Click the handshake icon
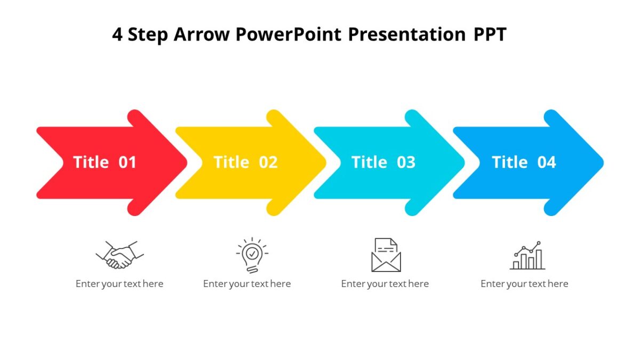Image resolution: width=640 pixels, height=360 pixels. pyautogui.click(x=119, y=255)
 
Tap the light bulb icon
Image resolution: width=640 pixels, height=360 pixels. pyautogui.click(x=252, y=255)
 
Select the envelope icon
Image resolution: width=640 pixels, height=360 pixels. pyautogui.click(x=386, y=255)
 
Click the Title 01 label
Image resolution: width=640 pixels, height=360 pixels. pyautogui.click(x=105, y=162)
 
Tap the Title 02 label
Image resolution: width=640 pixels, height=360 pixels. pyautogui.click(x=245, y=162)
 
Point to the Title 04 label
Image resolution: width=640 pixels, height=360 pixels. pyautogui.click(x=524, y=162)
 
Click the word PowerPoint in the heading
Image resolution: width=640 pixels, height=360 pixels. pyautogui.click(x=289, y=35)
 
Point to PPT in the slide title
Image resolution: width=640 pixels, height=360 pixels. pyautogui.click(x=490, y=35)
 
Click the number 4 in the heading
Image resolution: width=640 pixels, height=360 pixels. pyautogui.click(x=117, y=35)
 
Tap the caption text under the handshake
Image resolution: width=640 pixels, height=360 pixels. pyautogui.click(x=119, y=284)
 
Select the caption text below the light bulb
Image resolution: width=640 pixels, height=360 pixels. pyautogui.click(x=247, y=284)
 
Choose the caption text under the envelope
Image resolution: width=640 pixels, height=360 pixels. pyautogui.click(x=385, y=284)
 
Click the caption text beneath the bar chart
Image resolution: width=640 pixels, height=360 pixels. pyautogui.click(x=524, y=284)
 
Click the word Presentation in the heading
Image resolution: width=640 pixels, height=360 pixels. pyautogui.click(x=407, y=35)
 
